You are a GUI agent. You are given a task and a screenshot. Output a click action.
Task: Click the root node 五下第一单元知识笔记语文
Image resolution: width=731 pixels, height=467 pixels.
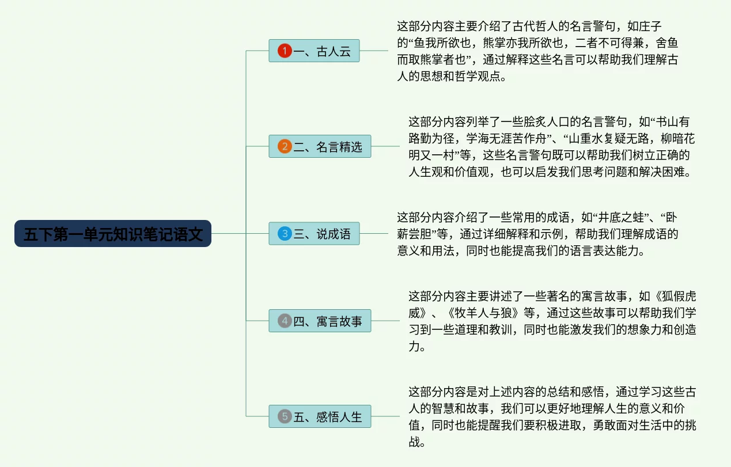113,234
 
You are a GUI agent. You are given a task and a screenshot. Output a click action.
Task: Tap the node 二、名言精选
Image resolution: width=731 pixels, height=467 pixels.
320,146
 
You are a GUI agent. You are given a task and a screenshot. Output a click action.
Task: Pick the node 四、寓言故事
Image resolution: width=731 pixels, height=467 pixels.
320,321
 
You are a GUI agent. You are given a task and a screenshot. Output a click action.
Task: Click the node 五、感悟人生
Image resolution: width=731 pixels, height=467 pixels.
320,416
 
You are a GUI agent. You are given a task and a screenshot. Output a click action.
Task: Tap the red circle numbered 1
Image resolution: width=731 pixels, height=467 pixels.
285,51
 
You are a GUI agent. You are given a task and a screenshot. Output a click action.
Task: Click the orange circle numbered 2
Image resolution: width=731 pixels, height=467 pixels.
285,146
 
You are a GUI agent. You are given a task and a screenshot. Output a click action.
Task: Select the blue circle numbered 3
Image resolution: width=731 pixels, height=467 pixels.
285,234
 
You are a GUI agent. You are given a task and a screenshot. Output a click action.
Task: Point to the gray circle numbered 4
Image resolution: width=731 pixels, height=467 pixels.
285,321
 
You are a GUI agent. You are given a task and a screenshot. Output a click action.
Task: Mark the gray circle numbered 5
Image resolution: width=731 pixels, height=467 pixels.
285,416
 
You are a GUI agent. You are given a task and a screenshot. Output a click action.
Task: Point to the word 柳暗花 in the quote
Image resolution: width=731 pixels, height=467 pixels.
678,138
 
